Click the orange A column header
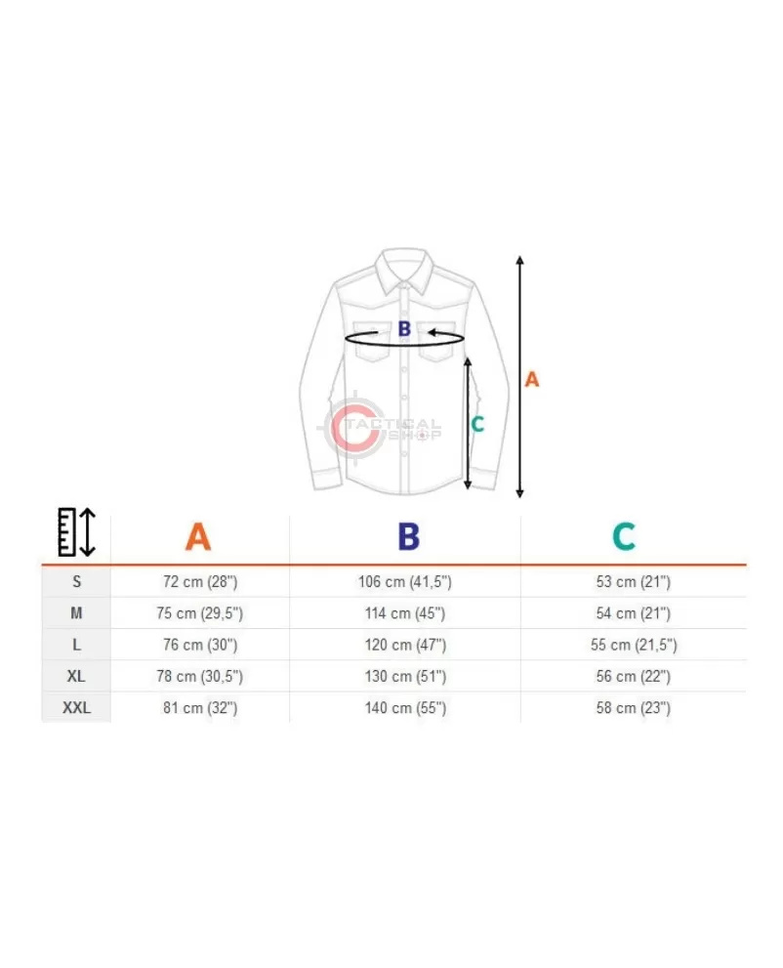(198, 536)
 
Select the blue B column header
(408, 536)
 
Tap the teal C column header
(624, 536)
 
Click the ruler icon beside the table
(76, 532)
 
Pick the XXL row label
(76, 707)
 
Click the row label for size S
(76, 581)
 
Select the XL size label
(76, 676)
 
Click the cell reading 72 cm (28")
(200, 581)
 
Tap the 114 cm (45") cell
(405, 613)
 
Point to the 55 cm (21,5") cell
(634, 645)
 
